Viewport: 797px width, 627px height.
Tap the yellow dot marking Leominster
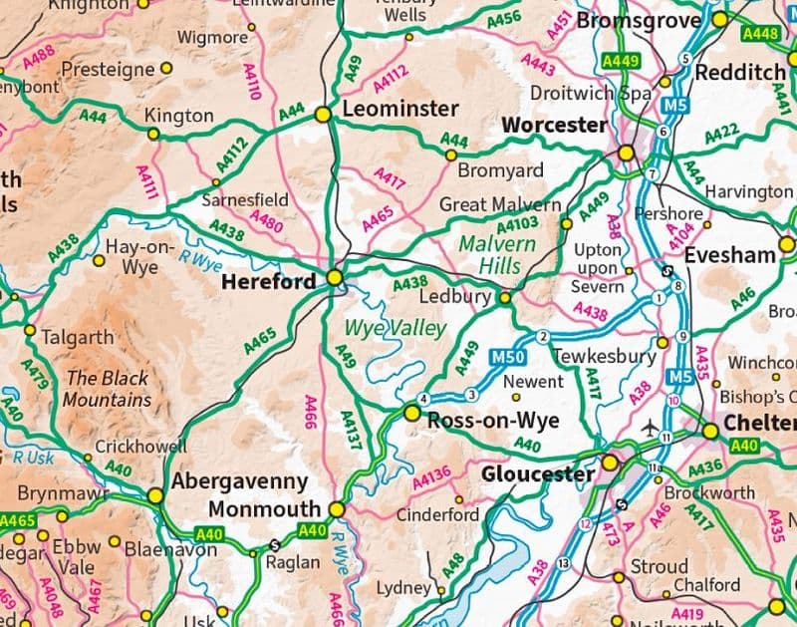[x=323, y=116]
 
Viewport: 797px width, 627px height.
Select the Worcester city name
[x=554, y=126]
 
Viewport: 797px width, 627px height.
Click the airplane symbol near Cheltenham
[x=652, y=428]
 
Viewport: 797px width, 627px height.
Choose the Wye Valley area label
[x=388, y=328]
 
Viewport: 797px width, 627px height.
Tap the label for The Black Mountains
[x=108, y=389]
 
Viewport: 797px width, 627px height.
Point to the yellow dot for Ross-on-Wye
[x=411, y=412]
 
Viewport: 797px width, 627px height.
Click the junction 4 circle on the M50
[x=423, y=400]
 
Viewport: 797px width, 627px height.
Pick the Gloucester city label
[x=538, y=474]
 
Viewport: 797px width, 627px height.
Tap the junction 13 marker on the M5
[x=565, y=564]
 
